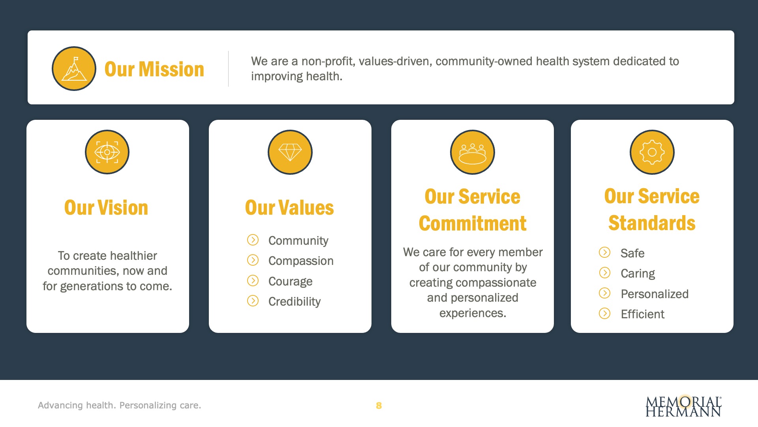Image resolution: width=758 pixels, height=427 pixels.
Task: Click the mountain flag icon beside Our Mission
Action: click(74, 68)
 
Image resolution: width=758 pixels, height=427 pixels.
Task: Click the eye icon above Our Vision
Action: click(107, 152)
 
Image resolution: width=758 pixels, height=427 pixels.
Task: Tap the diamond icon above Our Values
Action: click(290, 152)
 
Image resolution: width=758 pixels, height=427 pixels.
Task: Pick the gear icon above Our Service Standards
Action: click(652, 152)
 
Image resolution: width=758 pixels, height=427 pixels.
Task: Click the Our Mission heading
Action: click(154, 69)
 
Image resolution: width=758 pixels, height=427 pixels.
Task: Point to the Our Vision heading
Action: click(106, 208)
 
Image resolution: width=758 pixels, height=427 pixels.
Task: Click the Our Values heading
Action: click(289, 208)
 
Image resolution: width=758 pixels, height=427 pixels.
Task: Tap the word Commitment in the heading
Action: click(473, 223)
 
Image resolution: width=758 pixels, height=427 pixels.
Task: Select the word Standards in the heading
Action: click(652, 223)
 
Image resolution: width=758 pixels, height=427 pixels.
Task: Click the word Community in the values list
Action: click(298, 241)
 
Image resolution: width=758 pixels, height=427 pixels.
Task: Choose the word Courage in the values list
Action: click(291, 282)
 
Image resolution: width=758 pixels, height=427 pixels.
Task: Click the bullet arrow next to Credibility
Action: click(253, 301)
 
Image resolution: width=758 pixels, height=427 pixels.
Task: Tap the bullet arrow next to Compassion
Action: click(253, 260)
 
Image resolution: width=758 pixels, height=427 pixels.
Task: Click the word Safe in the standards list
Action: click(632, 253)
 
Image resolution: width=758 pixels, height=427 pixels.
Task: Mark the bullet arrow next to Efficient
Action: click(604, 314)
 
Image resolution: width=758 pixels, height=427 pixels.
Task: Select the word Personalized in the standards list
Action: click(655, 294)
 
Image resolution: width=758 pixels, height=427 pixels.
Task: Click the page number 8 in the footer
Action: click(379, 406)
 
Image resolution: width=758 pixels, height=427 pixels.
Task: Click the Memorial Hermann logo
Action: click(684, 406)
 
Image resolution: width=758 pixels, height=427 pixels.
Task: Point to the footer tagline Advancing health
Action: click(77, 405)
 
